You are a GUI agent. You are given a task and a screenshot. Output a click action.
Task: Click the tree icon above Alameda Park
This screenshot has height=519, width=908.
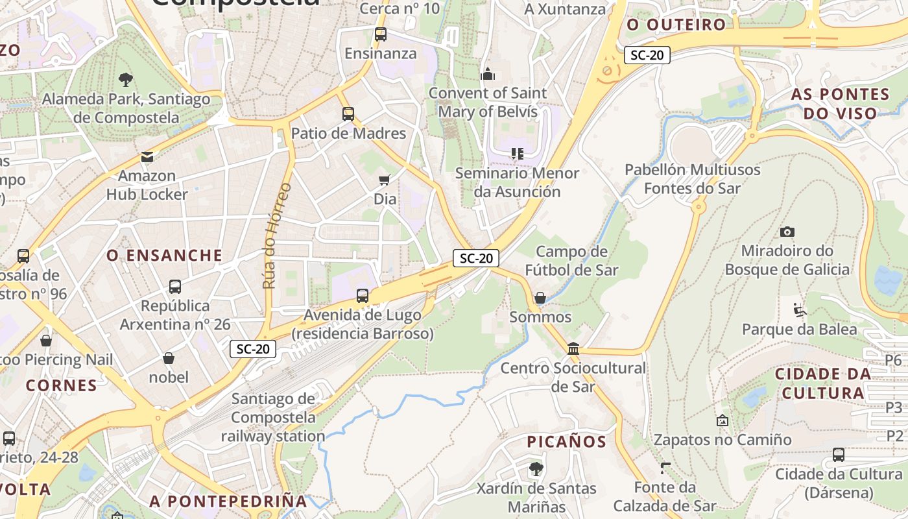pos(126,80)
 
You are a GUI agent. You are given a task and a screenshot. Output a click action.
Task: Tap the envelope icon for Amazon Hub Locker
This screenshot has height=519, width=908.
pos(147,157)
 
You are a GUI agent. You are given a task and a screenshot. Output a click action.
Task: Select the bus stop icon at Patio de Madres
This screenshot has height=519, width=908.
pos(348,114)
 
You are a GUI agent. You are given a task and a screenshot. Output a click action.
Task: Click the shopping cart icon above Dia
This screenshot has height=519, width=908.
pos(385,180)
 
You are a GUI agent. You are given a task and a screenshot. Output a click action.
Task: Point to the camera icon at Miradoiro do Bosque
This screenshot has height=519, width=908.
pos(787,232)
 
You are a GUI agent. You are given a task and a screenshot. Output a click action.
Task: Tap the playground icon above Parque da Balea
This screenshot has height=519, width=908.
pos(800,310)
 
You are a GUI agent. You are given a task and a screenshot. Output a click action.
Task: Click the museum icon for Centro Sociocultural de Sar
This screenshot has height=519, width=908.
pos(573,349)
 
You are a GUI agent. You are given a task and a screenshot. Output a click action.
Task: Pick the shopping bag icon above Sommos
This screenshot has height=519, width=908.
pos(540,298)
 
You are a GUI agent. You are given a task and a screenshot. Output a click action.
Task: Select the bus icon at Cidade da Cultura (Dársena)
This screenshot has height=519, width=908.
pos(839,455)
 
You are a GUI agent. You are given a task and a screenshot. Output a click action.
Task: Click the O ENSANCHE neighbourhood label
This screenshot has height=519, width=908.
pos(165,256)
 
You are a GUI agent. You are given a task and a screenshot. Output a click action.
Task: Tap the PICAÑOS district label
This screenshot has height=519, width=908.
pos(566,442)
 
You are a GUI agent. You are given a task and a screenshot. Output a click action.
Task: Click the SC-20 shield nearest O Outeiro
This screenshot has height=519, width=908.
pos(647,55)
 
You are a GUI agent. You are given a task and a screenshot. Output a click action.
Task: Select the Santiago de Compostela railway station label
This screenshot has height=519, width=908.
pos(273,417)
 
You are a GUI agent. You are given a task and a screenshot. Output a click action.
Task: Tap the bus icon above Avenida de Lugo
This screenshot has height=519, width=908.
pos(363,296)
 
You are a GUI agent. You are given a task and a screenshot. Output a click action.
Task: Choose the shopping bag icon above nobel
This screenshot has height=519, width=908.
pos(169,358)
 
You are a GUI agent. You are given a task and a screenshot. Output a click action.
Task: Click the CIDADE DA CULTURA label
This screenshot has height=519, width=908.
pos(823,383)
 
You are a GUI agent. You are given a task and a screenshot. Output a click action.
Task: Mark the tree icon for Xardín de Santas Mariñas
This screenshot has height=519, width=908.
pos(536,468)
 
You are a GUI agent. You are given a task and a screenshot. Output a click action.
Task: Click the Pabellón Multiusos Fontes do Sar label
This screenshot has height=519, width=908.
pos(692,179)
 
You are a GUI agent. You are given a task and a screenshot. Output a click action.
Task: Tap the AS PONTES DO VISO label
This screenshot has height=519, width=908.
pos(840,104)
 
